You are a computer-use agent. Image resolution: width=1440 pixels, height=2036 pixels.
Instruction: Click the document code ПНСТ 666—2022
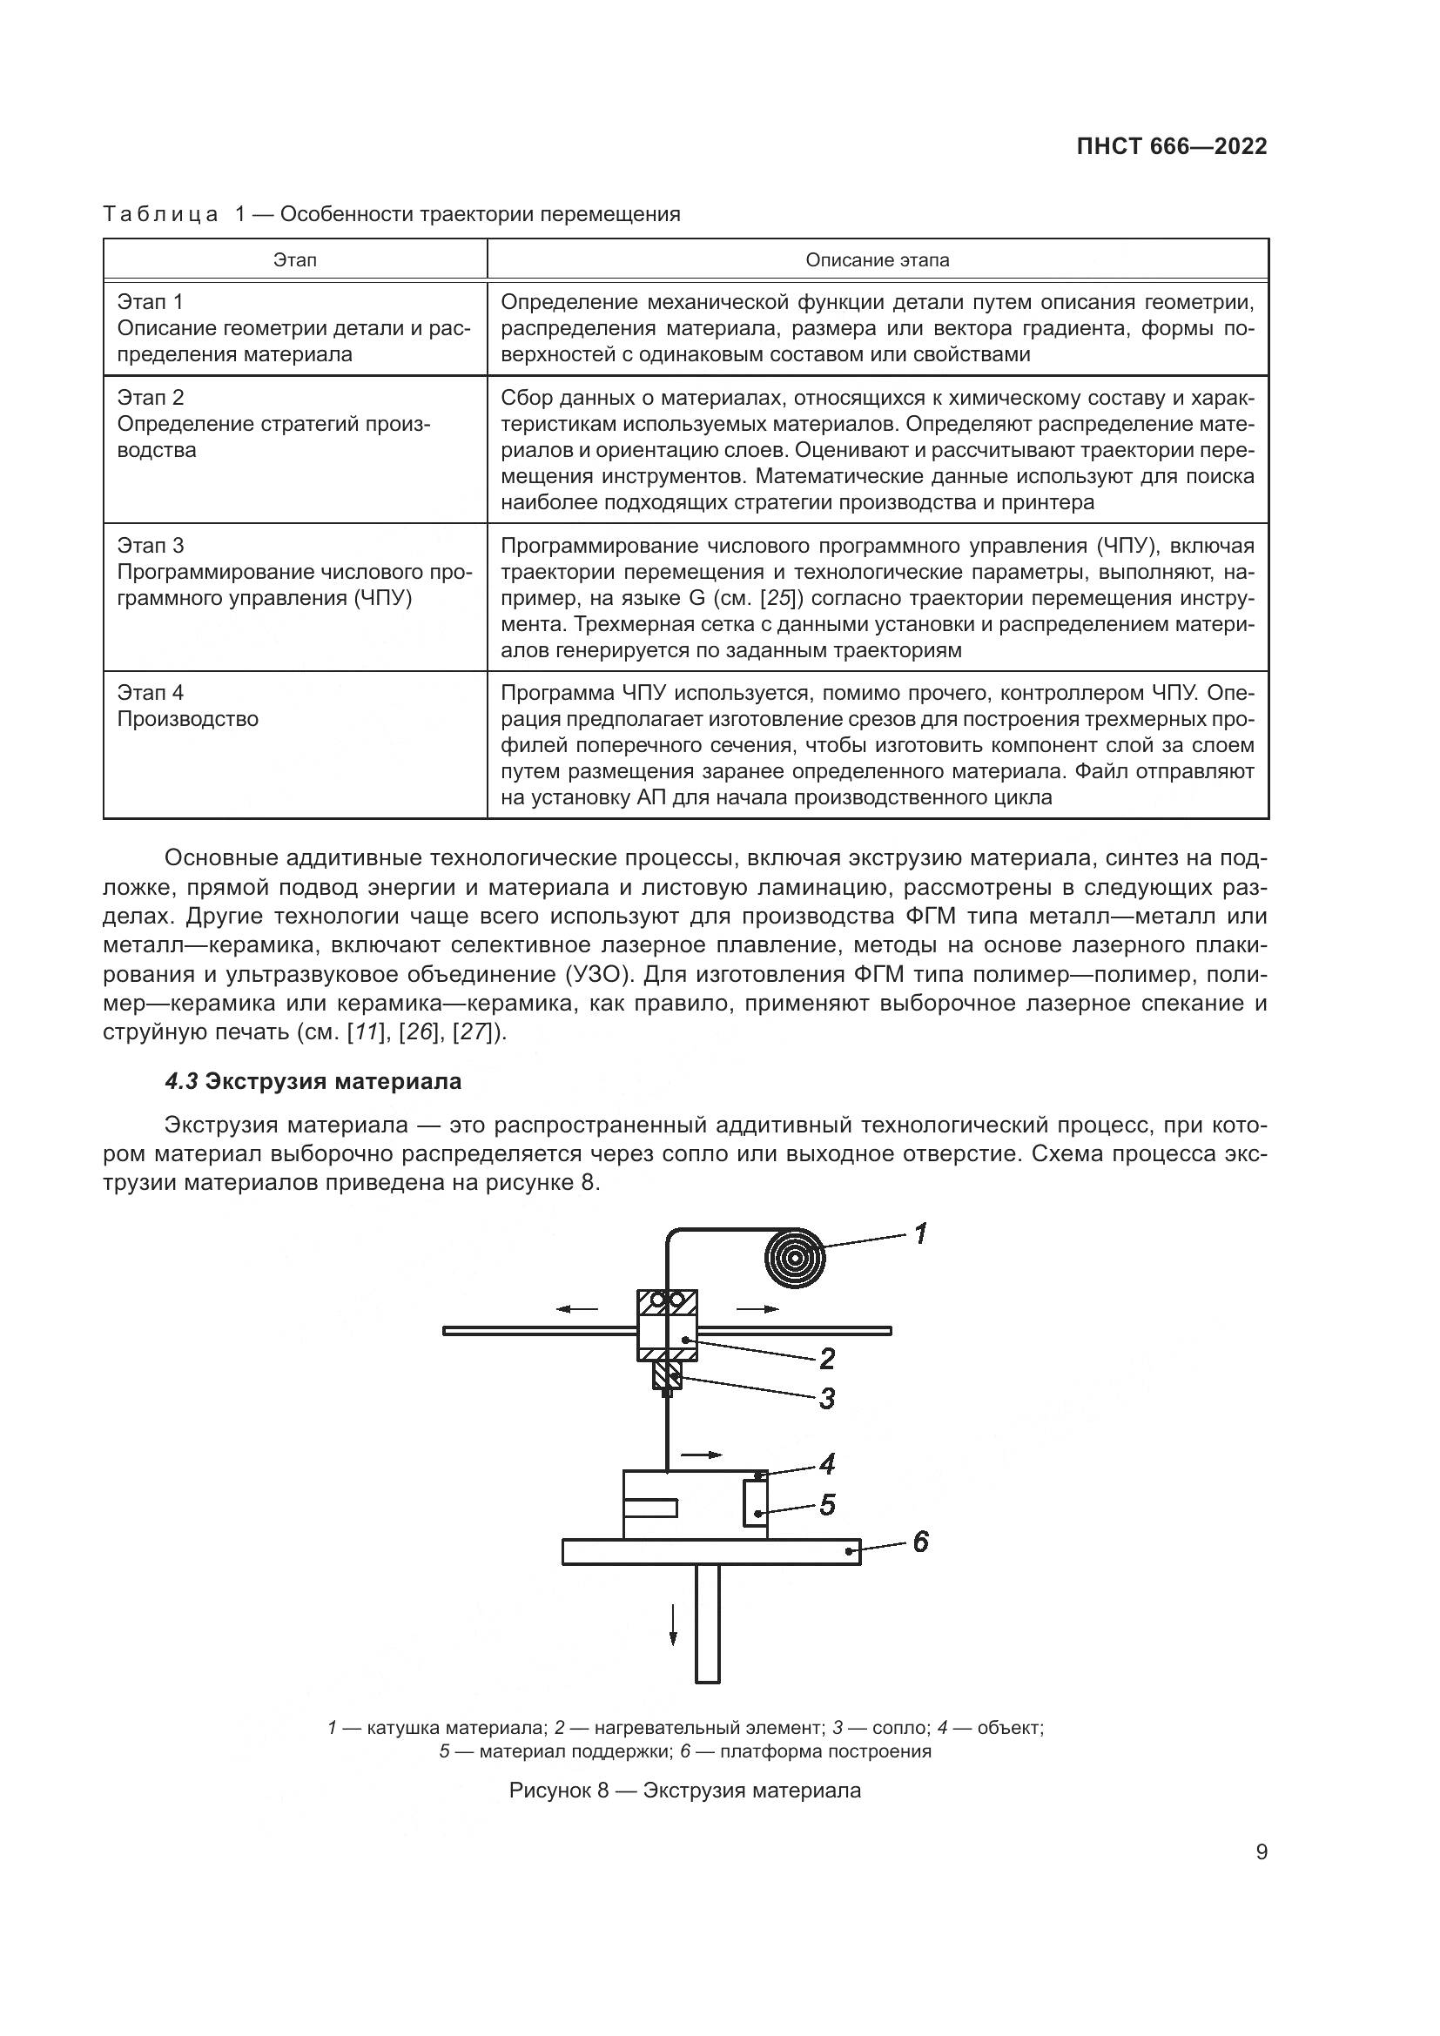[x=1171, y=146]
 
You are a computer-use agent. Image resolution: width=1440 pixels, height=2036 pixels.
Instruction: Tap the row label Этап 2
[x=151, y=397]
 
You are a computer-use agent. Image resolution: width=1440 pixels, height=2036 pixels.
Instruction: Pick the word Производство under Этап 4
[x=188, y=718]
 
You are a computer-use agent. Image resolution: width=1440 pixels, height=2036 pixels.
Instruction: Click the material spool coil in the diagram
[x=795, y=1257]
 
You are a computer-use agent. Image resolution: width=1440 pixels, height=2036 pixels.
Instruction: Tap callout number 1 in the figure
[x=920, y=1233]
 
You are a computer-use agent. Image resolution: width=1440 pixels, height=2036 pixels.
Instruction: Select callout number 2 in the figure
[x=826, y=1359]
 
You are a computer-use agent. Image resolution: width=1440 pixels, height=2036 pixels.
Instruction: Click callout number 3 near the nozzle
[x=826, y=1399]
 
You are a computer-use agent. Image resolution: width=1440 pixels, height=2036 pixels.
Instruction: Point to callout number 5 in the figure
[x=826, y=1505]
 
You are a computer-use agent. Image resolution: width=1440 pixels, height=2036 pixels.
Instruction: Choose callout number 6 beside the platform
[x=920, y=1542]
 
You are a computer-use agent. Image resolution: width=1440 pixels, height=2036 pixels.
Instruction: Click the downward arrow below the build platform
[x=673, y=1624]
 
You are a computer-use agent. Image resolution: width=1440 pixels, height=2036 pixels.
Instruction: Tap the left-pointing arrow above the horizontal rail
[x=577, y=1309]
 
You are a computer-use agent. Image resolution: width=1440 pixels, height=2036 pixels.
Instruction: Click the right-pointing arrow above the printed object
[x=702, y=1455]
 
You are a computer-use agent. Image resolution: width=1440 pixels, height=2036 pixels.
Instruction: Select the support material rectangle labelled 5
[x=756, y=1504]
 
